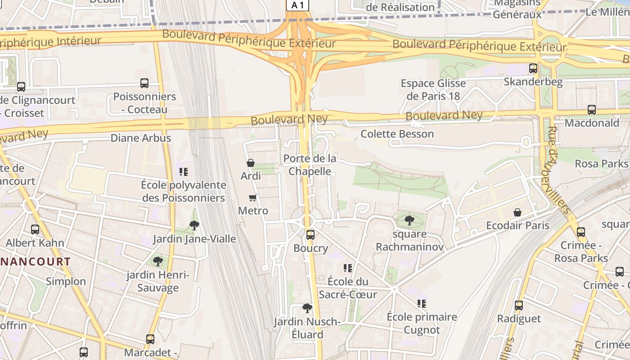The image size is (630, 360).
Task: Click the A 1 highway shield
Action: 298,5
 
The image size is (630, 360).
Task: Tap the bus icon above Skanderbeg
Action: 533,68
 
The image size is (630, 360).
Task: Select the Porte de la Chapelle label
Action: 310,165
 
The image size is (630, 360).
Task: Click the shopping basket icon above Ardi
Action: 251,163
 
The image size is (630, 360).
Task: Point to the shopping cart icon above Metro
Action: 253,198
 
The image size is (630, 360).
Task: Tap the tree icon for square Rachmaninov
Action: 409,220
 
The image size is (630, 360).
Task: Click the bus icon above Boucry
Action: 310,234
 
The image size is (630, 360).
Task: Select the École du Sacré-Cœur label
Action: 348,288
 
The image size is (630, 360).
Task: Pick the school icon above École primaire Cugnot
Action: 422,304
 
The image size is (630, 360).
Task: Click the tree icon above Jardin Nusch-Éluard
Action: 307,308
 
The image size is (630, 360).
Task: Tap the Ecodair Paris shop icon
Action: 517,212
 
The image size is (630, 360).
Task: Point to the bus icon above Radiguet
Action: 519,305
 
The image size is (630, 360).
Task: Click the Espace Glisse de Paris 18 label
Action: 433,90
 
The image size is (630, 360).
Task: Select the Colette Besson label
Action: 397,134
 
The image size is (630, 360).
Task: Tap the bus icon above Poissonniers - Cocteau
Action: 144,83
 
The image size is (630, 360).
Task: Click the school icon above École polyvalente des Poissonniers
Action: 183,171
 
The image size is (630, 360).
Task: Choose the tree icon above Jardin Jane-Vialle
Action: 194,225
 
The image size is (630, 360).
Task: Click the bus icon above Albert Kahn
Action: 35,229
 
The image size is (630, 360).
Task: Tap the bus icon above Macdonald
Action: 592,109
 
